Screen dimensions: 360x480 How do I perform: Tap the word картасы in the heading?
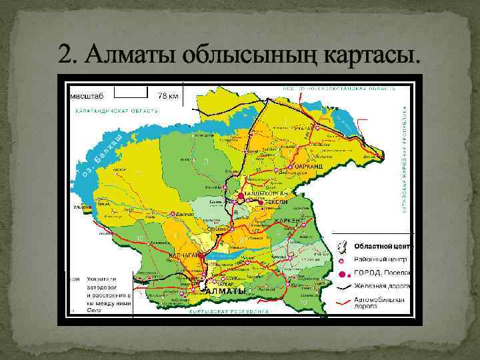tap(372, 53)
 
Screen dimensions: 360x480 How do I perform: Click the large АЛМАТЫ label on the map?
tap(225, 292)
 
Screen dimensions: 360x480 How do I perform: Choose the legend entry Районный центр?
tap(383, 260)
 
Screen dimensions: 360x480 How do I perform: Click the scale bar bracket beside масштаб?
tap(131, 89)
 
